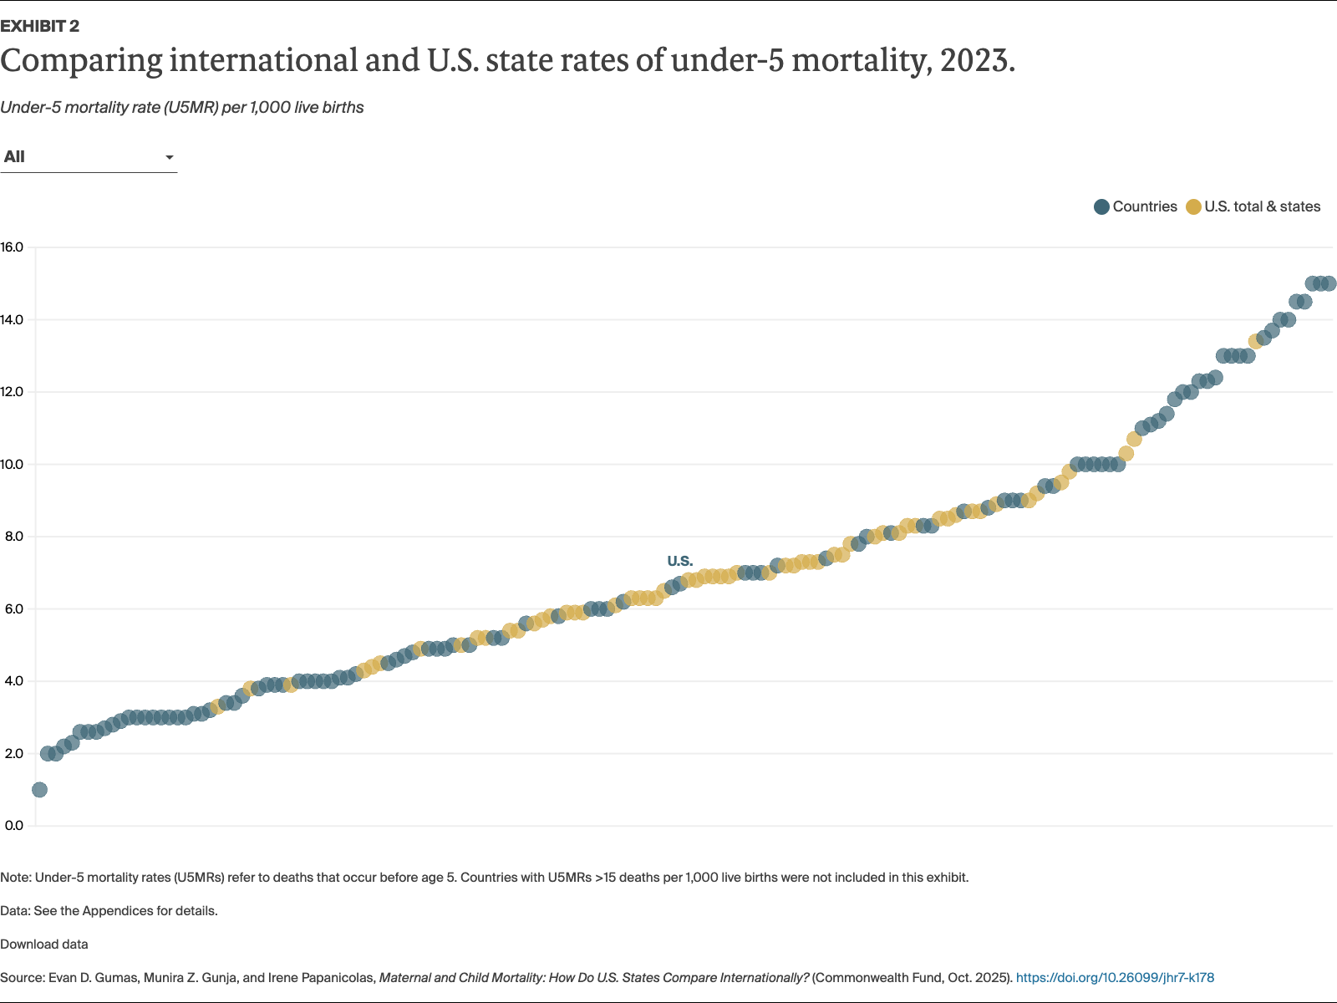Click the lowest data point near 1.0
coord(39,789)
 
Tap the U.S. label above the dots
coord(679,561)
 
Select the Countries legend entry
coord(1136,206)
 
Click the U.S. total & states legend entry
coord(1253,206)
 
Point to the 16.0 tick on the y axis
coord(13,247)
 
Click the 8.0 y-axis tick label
coord(13,536)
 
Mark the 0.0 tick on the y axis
coord(13,825)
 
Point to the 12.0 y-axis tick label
coord(13,391)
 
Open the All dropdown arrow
coord(169,157)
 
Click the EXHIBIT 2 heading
coord(40,26)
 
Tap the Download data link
coord(43,944)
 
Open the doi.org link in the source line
coord(1115,977)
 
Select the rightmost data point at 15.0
coord(1329,283)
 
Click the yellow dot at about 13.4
coord(1255,341)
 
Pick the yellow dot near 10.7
coord(1134,439)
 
